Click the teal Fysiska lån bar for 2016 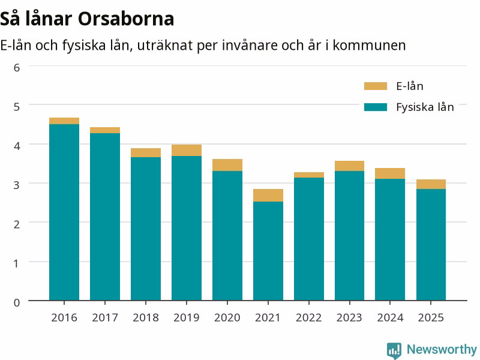(x=64, y=212)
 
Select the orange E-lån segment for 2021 (x=268, y=196)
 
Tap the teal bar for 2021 (x=268, y=251)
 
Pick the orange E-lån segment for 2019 (x=187, y=151)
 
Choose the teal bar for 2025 (x=431, y=245)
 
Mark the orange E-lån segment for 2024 (x=390, y=173)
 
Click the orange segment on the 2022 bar (x=309, y=175)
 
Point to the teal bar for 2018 (x=146, y=229)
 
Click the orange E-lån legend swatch (x=376, y=86)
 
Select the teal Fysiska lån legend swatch (x=376, y=107)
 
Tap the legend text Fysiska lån (x=425, y=107)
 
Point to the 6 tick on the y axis (x=17, y=68)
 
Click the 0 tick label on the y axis (x=17, y=302)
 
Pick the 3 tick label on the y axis (x=17, y=185)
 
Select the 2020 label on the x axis (x=227, y=317)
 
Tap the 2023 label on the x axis (x=349, y=317)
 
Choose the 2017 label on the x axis (x=105, y=317)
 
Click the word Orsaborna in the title (x=126, y=19)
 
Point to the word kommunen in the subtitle (x=369, y=46)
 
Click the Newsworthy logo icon (x=394, y=350)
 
